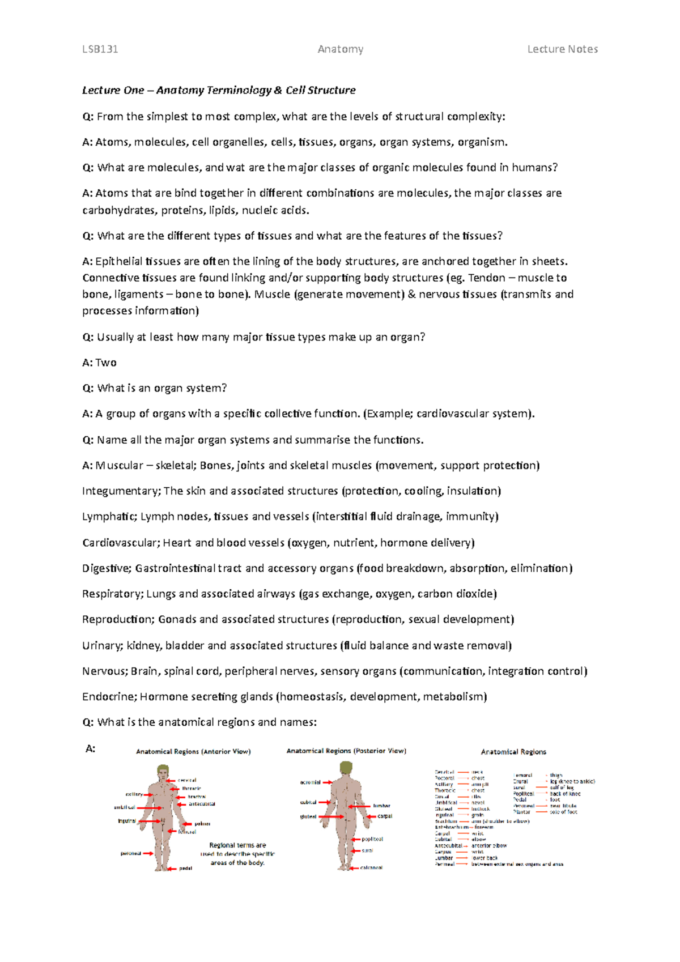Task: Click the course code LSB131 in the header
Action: point(100,49)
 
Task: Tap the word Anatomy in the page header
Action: point(341,49)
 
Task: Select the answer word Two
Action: point(106,363)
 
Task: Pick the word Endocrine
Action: point(108,697)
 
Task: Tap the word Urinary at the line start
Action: point(101,646)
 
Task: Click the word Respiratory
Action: point(112,594)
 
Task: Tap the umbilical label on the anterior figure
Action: point(125,807)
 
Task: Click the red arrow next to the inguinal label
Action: point(150,821)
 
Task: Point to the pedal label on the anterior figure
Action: point(185,868)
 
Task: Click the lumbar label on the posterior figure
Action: point(381,806)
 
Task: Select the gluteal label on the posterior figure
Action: point(308,816)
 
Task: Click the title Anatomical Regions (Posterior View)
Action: point(346,751)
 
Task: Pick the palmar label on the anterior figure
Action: point(202,824)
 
